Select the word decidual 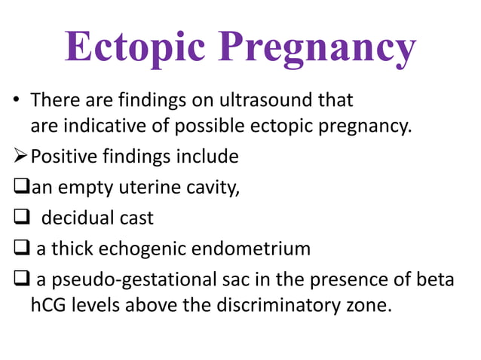pyautogui.click(x=78, y=218)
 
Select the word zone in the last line pyautogui.click(x=374, y=307)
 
